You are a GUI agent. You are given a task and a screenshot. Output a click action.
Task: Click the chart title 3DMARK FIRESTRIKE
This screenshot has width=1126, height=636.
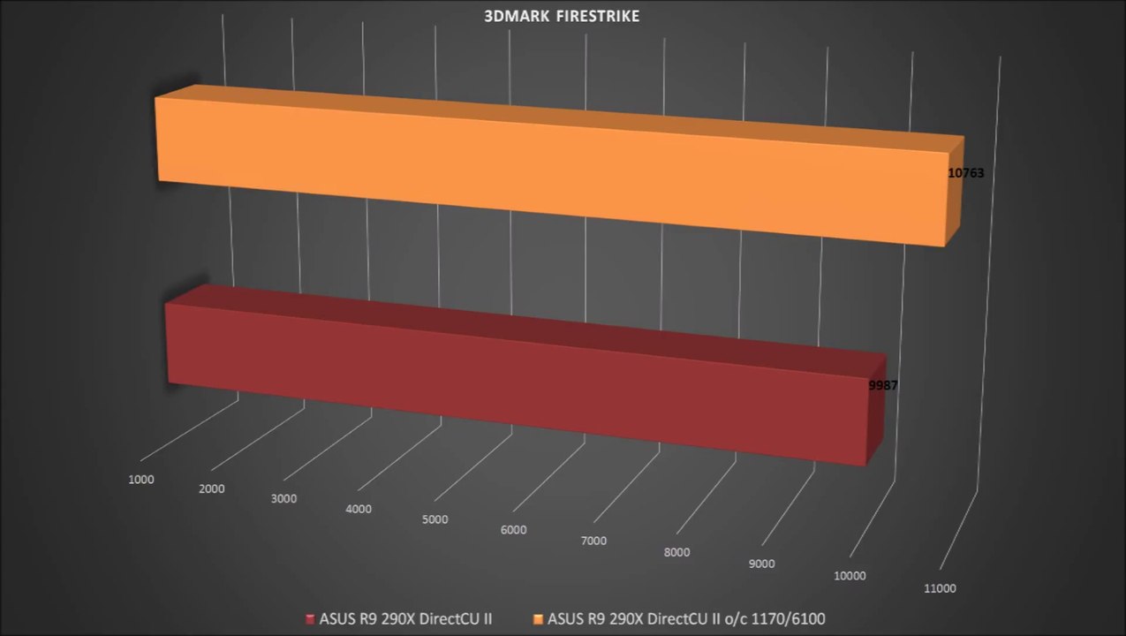(x=563, y=16)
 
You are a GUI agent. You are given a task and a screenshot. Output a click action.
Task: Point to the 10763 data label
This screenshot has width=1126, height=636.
(x=965, y=173)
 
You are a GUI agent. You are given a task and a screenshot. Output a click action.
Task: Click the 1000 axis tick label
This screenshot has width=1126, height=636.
(x=141, y=480)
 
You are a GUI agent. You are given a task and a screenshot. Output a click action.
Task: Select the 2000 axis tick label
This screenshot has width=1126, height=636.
(x=211, y=488)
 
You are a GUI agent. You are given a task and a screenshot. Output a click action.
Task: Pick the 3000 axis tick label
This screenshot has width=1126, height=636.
(x=283, y=498)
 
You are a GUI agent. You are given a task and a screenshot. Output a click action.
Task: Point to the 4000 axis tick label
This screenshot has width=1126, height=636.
(x=359, y=509)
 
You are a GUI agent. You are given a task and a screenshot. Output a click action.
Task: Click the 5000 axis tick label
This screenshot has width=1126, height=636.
(x=435, y=519)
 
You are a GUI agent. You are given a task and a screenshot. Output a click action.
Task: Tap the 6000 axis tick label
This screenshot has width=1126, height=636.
(x=513, y=530)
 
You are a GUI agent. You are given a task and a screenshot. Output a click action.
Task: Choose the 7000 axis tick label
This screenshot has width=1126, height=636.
(x=594, y=541)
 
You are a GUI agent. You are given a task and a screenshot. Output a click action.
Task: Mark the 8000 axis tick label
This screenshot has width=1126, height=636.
(x=676, y=552)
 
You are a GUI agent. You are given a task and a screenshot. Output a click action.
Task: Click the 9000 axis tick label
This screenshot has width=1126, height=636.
(x=761, y=564)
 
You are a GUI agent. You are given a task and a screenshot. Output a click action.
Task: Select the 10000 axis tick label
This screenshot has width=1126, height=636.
(x=850, y=576)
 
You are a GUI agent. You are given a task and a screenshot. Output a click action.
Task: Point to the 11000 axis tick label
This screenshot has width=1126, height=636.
(x=939, y=588)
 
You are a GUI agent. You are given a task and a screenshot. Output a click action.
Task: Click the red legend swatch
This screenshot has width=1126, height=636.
(x=309, y=618)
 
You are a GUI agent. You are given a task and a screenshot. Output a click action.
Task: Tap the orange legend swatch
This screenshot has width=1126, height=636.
(x=539, y=618)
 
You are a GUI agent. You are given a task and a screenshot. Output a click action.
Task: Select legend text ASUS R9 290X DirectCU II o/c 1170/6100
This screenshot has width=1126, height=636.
(x=686, y=618)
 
